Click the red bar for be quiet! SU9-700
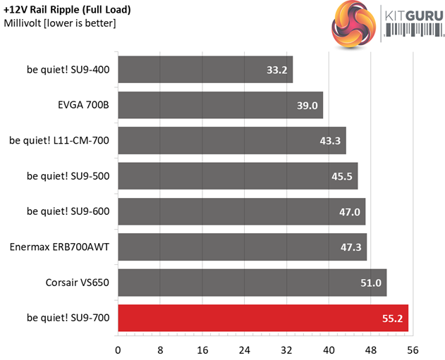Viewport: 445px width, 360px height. [x=262, y=318]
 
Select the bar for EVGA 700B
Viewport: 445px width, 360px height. [x=220, y=105]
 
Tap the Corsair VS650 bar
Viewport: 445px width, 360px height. [x=252, y=283]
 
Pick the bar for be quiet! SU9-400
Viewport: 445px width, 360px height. [x=205, y=70]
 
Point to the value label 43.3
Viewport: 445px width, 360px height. [x=330, y=141]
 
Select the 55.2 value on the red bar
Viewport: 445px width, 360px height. [x=393, y=318]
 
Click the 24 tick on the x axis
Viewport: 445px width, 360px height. [x=245, y=349]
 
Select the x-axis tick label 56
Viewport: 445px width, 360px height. [x=413, y=349]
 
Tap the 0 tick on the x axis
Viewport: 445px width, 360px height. [x=118, y=349]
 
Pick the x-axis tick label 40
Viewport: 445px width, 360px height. [x=329, y=349]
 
